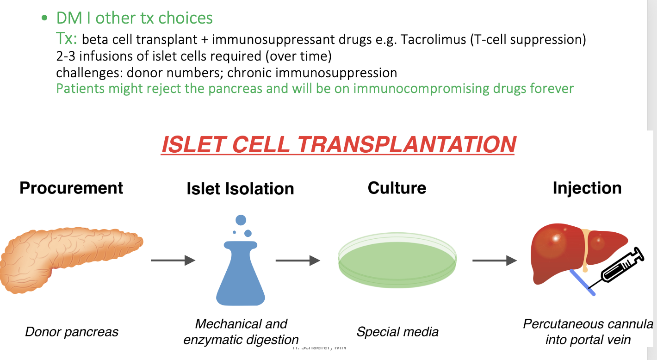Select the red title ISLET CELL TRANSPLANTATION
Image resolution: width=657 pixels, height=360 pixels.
coord(338,144)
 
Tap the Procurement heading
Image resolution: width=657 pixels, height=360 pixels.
coord(71,188)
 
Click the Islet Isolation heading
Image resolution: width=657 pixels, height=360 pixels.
coord(240,189)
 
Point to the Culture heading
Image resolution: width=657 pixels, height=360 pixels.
coord(397,188)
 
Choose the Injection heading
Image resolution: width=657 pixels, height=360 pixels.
coord(587,188)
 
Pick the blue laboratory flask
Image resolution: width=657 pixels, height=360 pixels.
coord(241,278)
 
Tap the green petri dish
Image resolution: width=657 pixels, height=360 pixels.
coord(397,262)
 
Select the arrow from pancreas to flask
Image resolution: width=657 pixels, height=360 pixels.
coord(173,261)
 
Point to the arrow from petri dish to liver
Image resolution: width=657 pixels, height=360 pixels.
coord(494,261)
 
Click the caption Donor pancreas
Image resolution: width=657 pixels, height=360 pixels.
coord(72,332)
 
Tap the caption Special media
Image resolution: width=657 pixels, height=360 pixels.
coord(397,332)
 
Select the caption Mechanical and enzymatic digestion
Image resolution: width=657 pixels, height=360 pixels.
coord(241,331)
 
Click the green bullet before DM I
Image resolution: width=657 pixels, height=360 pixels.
coord(44,19)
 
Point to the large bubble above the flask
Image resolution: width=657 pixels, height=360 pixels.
coord(241,220)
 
